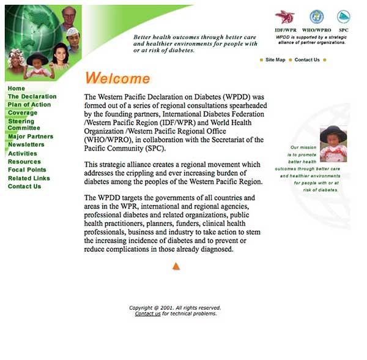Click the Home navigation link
(x=17, y=89)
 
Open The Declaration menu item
(x=32, y=97)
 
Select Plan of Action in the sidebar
(x=29, y=105)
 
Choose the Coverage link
(x=22, y=113)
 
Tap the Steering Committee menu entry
(x=24, y=125)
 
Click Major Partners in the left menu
(x=30, y=137)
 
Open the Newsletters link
(x=26, y=144)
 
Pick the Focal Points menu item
(x=27, y=170)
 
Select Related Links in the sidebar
(x=29, y=178)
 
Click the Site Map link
(x=275, y=60)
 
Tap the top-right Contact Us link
(x=307, y=60)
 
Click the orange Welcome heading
(x=117, y=78)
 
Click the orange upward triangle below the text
(x=176, y=266)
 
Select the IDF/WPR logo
(x=284, y=17)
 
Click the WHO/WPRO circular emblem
(x=316, y=17)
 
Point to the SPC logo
(x=343, y=17)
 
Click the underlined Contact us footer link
(x=147, y=314)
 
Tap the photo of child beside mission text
(x=333, y=144)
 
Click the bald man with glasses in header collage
(x=69, y=17)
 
